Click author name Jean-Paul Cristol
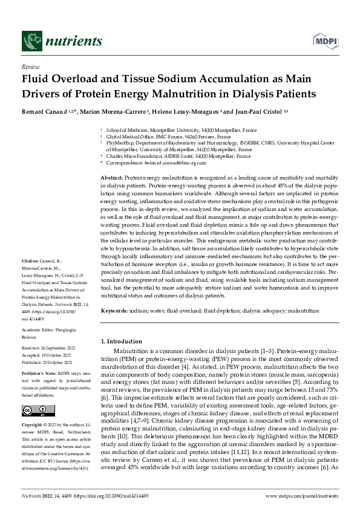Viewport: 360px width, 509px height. click(x=254, y=112)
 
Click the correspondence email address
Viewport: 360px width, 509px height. click(x=158, y=162)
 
